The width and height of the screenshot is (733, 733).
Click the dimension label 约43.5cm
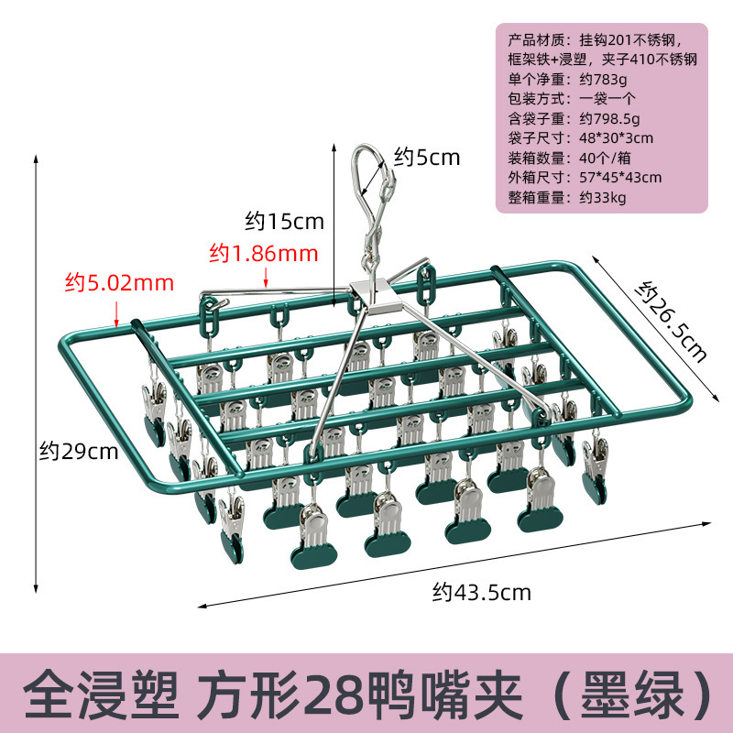481,592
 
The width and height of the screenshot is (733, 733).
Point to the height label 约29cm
79,451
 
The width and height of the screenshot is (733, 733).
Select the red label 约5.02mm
119,282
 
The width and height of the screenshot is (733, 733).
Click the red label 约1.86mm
263,251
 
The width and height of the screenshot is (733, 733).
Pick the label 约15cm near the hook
284,221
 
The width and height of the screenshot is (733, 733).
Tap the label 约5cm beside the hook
427,157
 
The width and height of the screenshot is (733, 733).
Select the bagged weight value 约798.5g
609,118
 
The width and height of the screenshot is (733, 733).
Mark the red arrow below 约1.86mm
264,275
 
